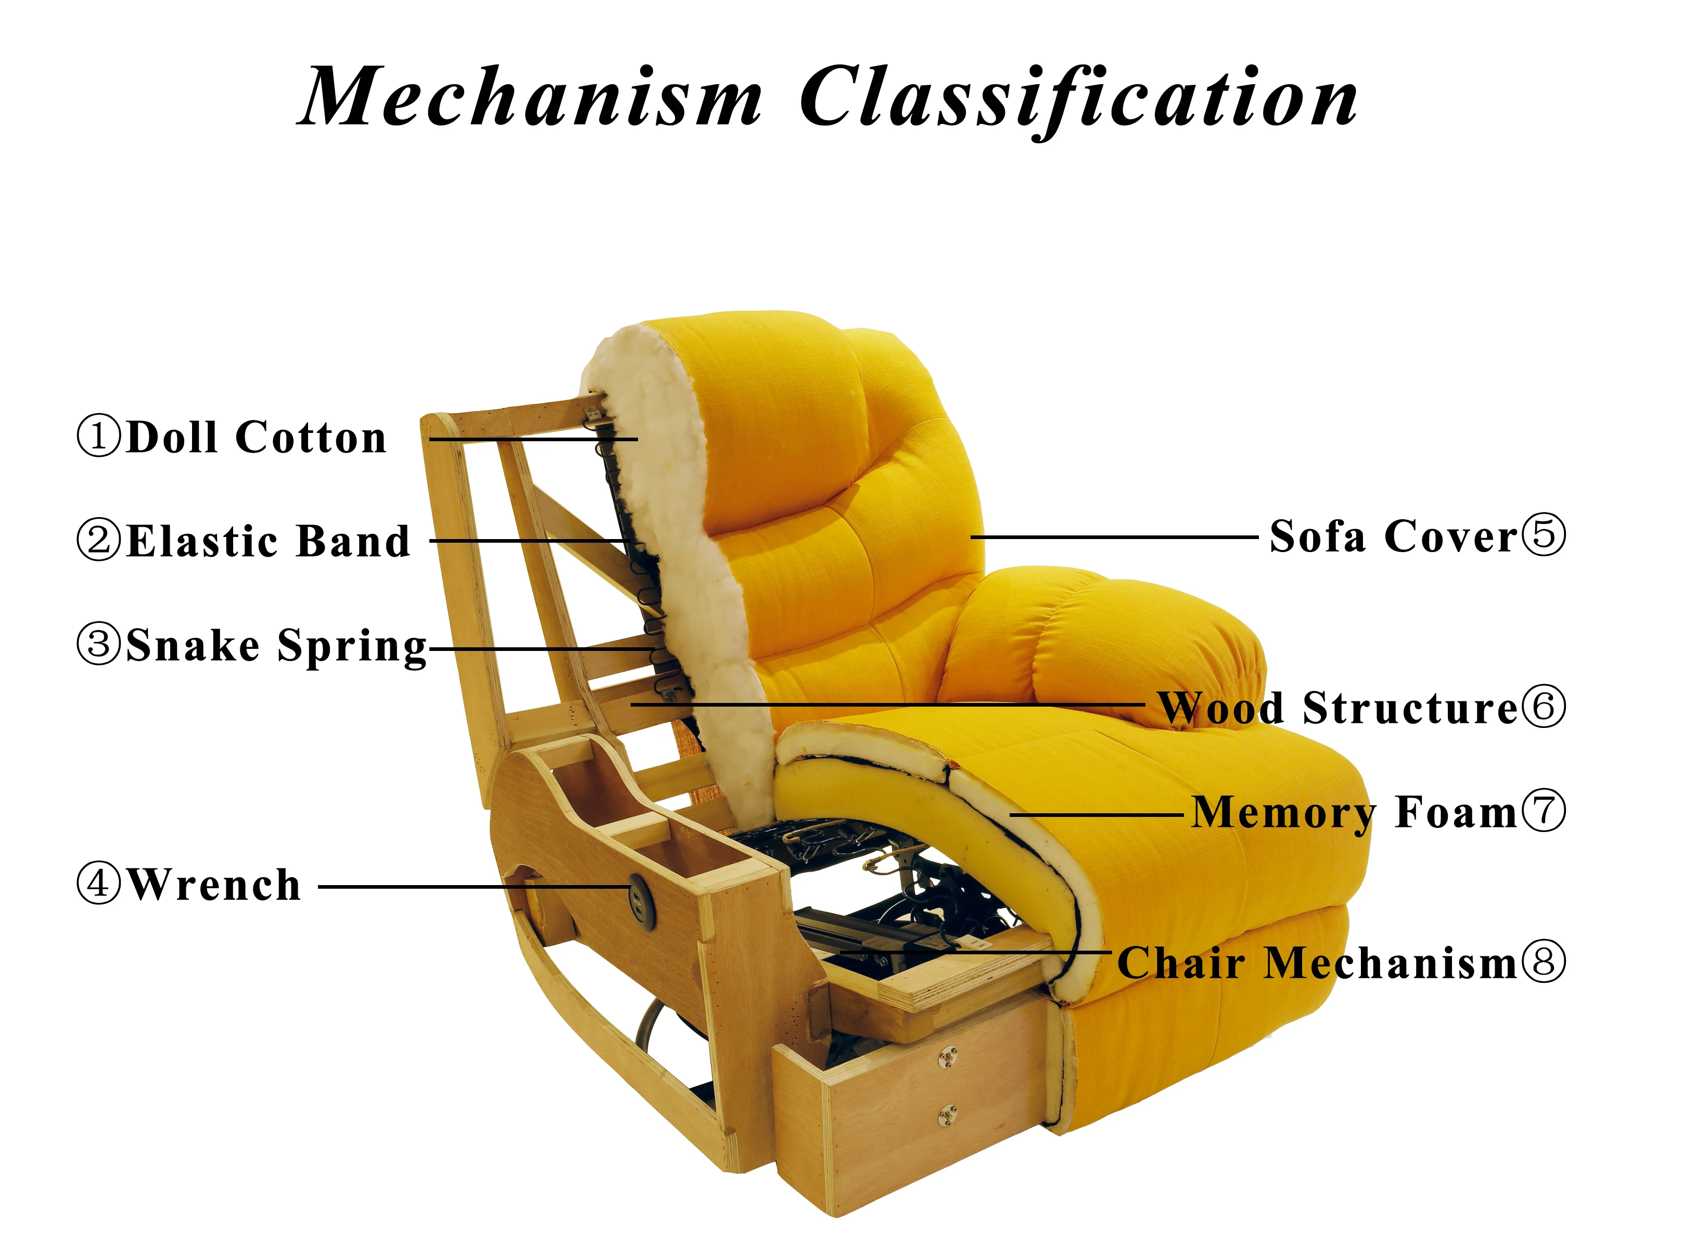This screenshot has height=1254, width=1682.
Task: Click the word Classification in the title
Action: click(1078, 99)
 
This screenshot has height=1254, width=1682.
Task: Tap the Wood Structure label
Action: click(1337, 708)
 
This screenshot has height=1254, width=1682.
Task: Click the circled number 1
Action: click(99, 437)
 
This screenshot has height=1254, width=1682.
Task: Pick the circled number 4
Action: click(99, 885)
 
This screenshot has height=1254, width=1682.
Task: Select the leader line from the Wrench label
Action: click(470, 886)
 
